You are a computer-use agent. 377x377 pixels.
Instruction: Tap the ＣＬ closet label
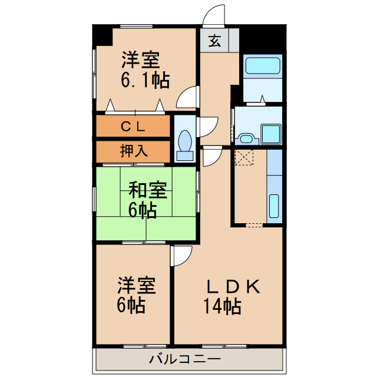(134, 126)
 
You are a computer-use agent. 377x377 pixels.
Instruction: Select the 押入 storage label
(134, 151)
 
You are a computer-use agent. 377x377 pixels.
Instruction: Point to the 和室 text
(148, 191)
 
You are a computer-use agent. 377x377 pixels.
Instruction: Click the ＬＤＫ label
(233, 287)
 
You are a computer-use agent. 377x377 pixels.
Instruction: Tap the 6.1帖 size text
(145, 80)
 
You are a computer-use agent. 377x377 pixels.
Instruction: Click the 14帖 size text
(222, 306)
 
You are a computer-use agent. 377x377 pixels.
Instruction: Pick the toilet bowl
(185, 143)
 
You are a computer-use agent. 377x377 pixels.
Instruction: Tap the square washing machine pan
(272, 133)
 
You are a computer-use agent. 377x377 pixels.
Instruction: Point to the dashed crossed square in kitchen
(243, 158)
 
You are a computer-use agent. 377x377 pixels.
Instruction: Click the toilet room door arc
(207, 127)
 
